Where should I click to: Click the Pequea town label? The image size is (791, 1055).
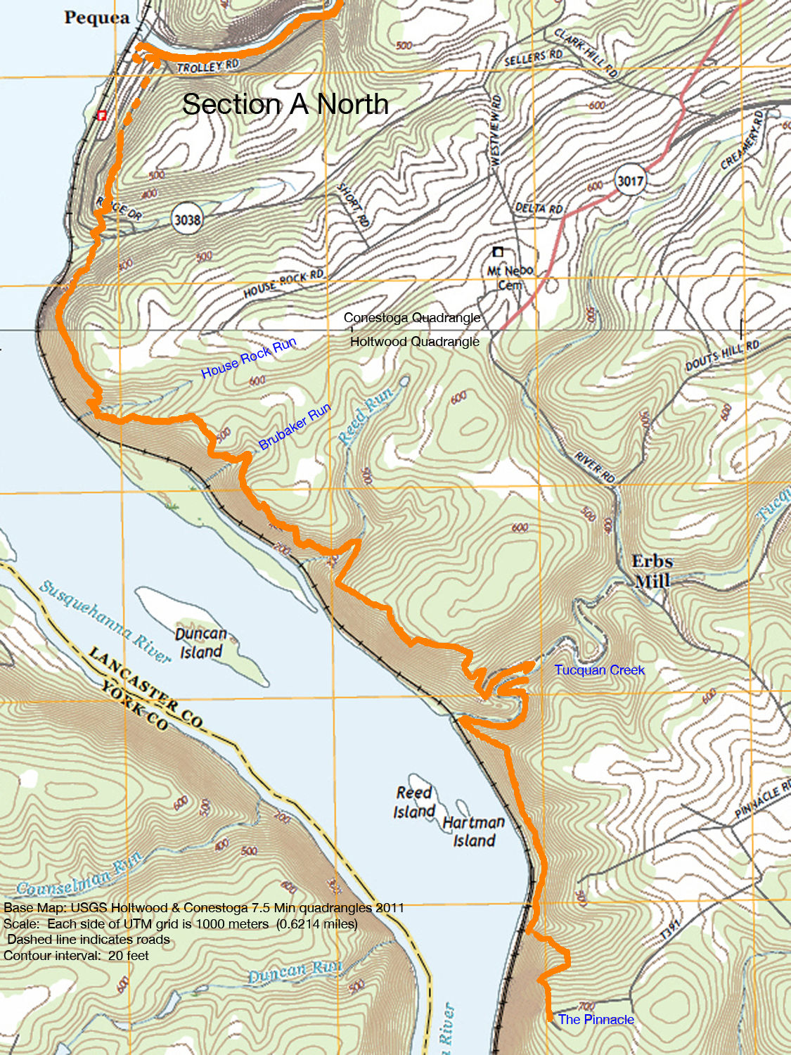tap(97, 18)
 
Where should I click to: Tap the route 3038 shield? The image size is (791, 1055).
tap(187, 220)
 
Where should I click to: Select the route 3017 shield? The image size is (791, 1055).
tap(630, 181)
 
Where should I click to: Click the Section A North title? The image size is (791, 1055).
tap(285, 104)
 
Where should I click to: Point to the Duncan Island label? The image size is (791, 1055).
tap(200, 643)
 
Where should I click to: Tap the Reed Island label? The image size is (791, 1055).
tap(414, 802)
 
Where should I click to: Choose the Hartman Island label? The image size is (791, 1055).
tap(474, 831)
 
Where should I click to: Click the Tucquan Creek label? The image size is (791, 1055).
tap(599, 670)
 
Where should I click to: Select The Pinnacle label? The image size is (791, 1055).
tap(596, 1019)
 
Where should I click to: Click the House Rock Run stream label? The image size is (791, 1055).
tap(249, 358)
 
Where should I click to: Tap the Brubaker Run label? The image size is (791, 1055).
tap(295, 427)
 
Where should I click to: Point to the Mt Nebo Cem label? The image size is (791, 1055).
tap(510, 278)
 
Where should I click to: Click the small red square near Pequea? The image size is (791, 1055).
tap(102, 115)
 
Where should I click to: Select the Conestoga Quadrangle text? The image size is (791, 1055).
tap(412, 318)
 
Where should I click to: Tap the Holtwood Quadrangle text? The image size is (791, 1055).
tap(415, 342)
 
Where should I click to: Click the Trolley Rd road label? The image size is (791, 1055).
tap(208, 66)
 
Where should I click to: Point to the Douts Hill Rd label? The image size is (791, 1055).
tap(723, 355)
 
